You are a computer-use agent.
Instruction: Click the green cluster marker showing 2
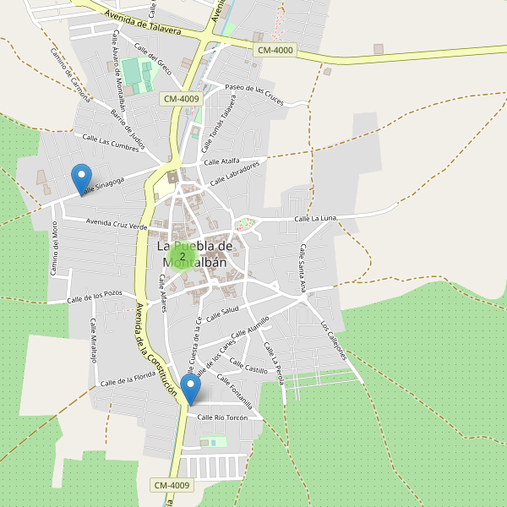183,256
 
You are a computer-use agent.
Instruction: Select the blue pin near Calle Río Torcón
191,390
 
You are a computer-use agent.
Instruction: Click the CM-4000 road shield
275,51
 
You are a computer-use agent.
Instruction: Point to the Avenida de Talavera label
144,23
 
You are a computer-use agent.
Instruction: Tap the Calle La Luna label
315,219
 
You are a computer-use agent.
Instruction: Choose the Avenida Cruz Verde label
117,225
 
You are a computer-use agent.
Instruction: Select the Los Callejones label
334,341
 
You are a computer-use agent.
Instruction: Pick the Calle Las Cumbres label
110,143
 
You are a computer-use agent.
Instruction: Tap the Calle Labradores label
234,173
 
